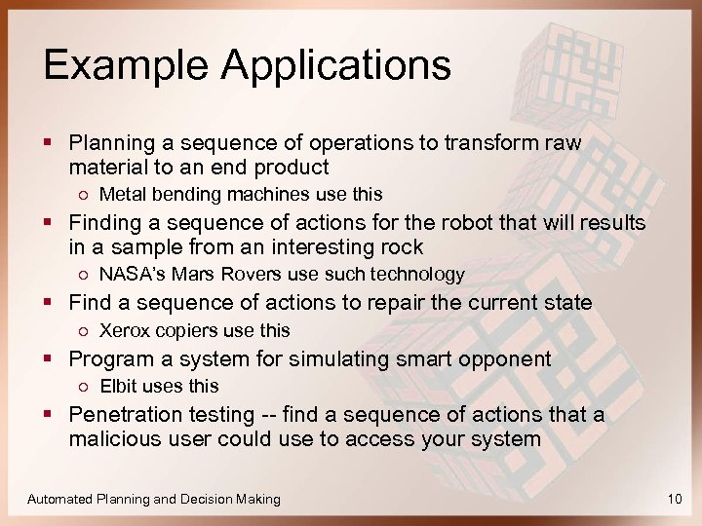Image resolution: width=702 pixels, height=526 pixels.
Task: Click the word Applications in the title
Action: pos(336,66)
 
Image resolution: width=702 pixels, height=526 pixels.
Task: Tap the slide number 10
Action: pos(675,499)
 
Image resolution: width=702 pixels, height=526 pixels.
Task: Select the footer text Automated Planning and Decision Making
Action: pos(154,499)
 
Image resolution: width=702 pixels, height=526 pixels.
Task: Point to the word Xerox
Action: pos(122,330)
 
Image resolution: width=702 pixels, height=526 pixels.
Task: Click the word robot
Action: pos(426,223)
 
